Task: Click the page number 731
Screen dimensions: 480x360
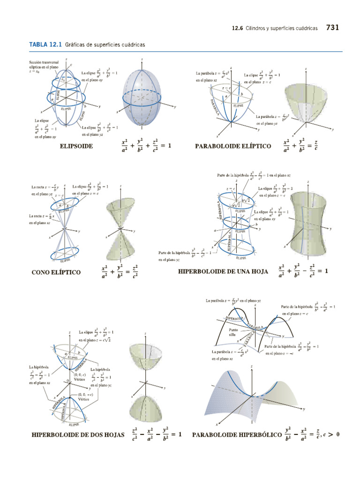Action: [x=332, y=28]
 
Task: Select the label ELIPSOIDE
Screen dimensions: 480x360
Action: [x=76, y=146]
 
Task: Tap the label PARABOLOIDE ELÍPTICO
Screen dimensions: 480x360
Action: [x=233, y=146]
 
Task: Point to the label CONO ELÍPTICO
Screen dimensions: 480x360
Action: [x=56, y=272]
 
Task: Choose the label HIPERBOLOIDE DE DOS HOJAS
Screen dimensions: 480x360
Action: [x=78, y=435]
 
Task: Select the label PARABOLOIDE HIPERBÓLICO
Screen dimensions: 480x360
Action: [x=236, y=435]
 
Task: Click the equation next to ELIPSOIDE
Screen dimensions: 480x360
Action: [x=146, y=146]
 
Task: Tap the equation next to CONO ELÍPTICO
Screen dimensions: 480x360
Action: [x=120, y=272]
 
